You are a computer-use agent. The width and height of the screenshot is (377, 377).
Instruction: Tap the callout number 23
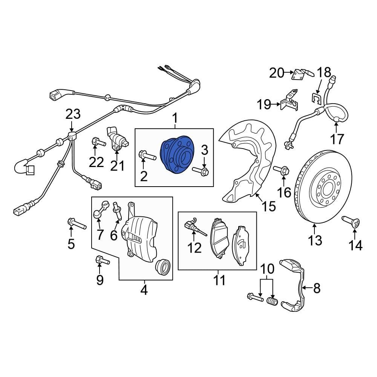coord(74,114)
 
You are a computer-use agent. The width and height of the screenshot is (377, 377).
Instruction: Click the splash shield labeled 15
coord(249,158)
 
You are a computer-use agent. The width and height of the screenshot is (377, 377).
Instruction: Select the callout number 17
coord(337,139)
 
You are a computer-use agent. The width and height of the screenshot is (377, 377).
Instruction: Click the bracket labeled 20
coord(302,74)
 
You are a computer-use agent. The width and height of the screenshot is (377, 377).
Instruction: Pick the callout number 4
coord(144,290)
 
